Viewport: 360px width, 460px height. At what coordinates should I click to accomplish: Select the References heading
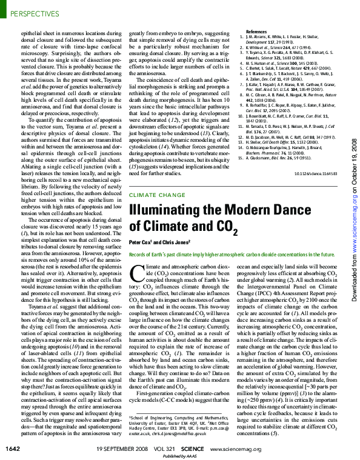click(256, 31)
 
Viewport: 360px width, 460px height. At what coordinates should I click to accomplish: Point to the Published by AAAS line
click(179, 455)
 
